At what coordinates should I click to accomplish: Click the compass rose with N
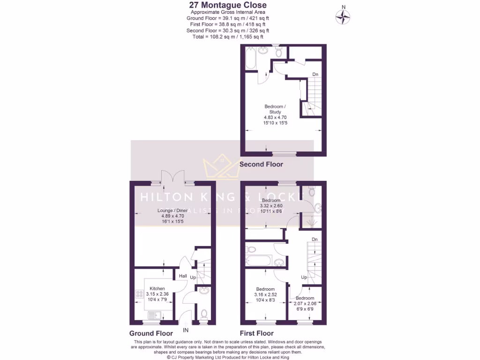pos(343,17)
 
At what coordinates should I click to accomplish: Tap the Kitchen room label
pos(157,288)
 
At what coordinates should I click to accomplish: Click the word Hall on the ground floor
pos(183,276)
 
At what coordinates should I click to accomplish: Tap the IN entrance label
pos(186,330)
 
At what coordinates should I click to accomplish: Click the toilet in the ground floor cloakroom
pos(204,313)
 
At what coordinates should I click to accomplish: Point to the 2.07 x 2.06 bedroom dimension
pos(305,304)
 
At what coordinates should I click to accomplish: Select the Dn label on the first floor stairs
pos(315,239)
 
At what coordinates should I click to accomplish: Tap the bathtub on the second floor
pos(250,59)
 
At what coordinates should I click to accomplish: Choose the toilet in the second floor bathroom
pos(279,52)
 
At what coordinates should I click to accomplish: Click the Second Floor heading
pos(261,165)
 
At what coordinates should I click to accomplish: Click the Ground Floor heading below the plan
pos(151,333)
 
